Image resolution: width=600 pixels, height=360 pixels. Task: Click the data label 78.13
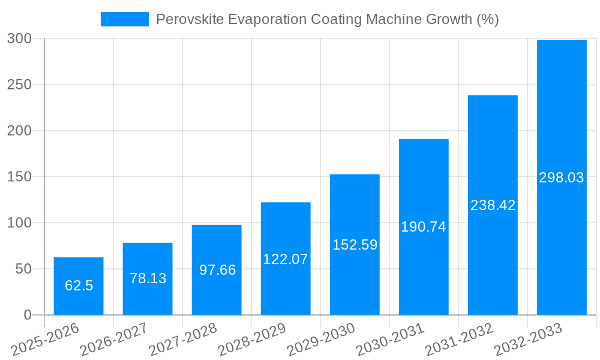[x=148, y=278]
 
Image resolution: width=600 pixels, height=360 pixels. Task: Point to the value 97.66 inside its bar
[x=217, y=270]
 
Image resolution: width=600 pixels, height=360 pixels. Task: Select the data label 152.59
[x=355, y=245]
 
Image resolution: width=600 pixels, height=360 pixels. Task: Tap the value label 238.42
[x=493, y=205]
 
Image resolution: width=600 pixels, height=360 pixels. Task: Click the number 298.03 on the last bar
[x=562, y=178]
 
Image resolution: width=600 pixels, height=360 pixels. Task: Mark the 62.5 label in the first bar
[x=79, y=286]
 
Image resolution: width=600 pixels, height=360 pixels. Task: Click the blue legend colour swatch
[x=124, y=19]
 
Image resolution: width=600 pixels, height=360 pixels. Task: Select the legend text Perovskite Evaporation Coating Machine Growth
[x=327, y=19]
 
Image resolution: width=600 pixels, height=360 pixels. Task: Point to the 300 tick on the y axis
[x=19, y=39]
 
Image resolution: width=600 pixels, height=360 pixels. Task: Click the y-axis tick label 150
[x=19, y=177]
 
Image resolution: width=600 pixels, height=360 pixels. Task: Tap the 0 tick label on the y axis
[x=28, y=315]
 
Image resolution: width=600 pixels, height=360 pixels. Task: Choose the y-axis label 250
[x=19, y=85]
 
